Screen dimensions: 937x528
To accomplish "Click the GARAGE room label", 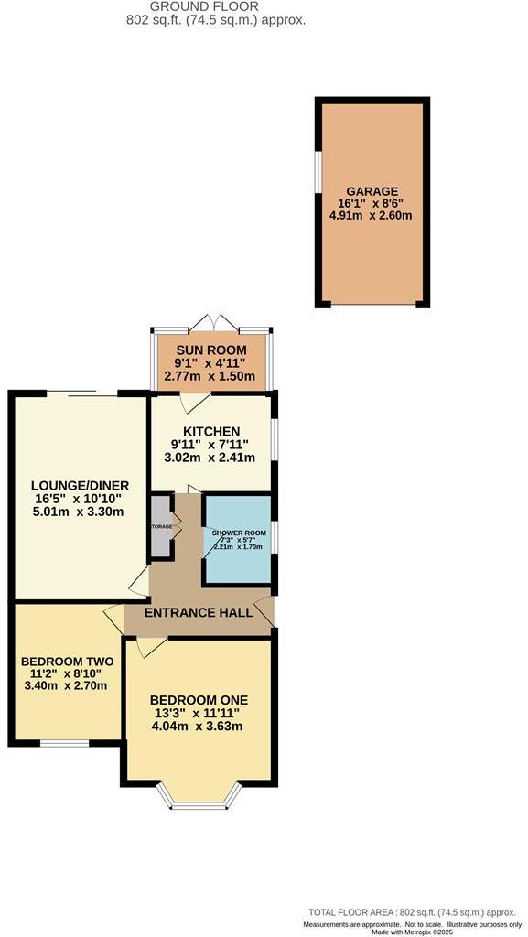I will click(x=372, y=190).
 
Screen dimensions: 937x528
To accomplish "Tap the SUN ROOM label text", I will click(x=211, y=350).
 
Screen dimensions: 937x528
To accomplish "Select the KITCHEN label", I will click(x=211, y=431).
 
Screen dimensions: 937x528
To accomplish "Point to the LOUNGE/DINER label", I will click(x=80, y=485).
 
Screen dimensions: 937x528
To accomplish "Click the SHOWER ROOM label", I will click(x=238, y=533).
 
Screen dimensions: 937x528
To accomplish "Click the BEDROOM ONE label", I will click(x=199, y=701).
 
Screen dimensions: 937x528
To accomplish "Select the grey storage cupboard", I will click(x=161, y=526).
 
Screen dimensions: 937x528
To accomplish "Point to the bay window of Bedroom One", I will click(x=199, y=802).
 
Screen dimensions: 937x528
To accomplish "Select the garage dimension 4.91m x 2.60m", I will click(x=372, y=217).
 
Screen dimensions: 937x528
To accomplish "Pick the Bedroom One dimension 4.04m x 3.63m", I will click(x=199, y=727).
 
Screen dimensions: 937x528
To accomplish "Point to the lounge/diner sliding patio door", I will click(x=81, y=393).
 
